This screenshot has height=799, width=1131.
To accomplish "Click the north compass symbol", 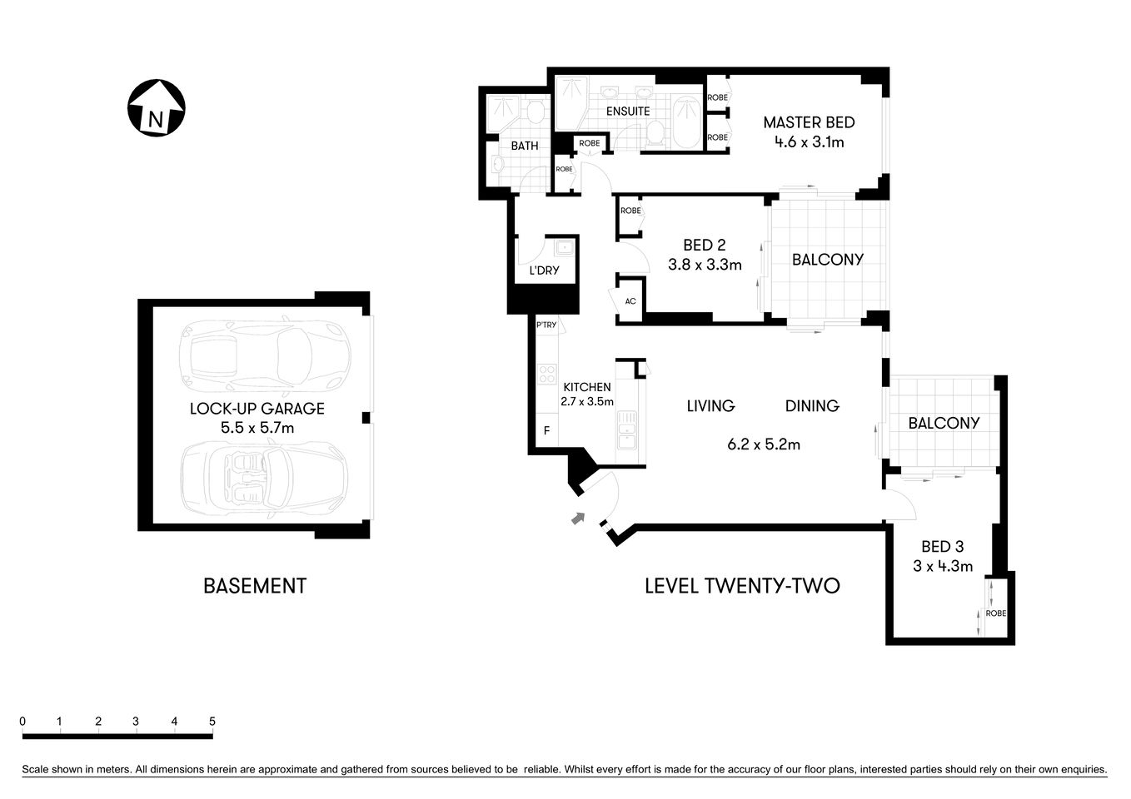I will [156, 108].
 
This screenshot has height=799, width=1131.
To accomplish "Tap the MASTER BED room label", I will [809, 122].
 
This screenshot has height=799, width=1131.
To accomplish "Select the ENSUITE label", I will [627, 111].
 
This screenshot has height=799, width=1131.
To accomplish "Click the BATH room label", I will [524, 146].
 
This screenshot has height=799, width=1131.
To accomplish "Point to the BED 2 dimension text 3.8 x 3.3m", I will [704, 265].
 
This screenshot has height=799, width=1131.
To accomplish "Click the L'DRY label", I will [544, 270].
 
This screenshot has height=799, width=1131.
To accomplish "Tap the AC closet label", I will [630, 300].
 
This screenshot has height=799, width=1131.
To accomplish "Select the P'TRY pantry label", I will [546, 325].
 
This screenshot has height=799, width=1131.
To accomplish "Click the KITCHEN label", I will [587, 387].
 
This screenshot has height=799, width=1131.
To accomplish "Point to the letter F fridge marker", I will [546, 431].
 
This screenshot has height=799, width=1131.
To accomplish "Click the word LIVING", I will [710, 406].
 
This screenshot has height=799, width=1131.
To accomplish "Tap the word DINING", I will [812, 406].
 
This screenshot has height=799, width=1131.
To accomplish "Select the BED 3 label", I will [942, 547].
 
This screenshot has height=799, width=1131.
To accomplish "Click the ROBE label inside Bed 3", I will [995, 613].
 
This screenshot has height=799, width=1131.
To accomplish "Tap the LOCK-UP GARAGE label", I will [257, 409].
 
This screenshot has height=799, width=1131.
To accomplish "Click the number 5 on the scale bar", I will [212, 722].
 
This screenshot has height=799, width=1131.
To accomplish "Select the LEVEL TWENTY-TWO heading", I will [742, 586].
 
